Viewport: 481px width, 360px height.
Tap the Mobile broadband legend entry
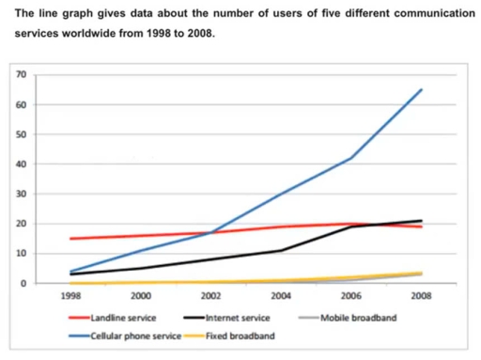coord(351,318)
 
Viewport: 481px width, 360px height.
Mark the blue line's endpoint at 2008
coord(421,90)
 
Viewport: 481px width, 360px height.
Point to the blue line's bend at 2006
coord(350,158)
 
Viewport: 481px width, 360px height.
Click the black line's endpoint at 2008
coord(421,221)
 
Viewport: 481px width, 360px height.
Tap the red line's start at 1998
coord(70,239)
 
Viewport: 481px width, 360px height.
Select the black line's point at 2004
coord(281,250)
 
